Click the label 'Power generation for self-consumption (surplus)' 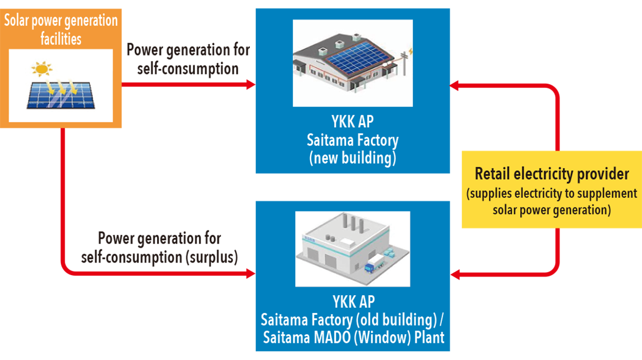pyautogui.click(x=159, y=247)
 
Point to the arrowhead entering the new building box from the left pyautogui.click(x=250, y=85)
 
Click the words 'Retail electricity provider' pyautogui.click(x=552, y=174)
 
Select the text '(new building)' pyautogui.click(x=353, y=158)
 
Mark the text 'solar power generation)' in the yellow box pyautogui.click(x=551, y=210)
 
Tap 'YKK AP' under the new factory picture pyautogui.click(x=353, y=123)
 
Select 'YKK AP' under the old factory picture pyautogui.click(x=353, y=302)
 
